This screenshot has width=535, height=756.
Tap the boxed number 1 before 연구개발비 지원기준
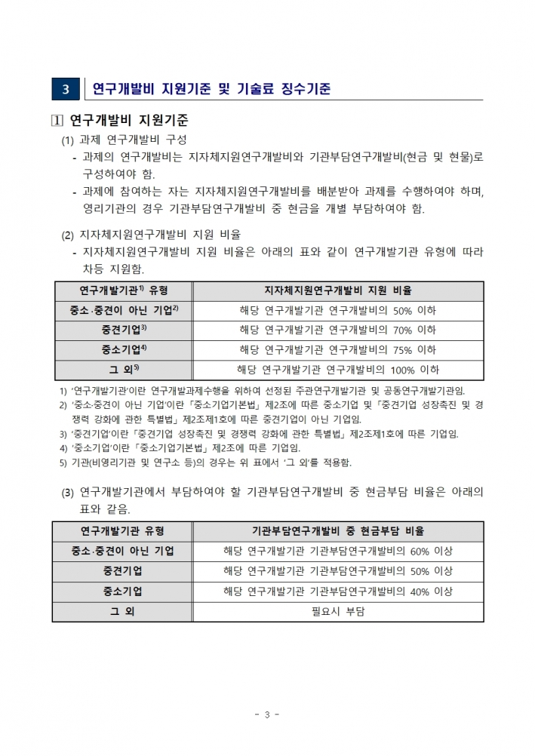coord(57,121)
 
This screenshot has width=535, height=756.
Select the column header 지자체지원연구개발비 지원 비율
coord(337,290)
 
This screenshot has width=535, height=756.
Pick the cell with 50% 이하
coord(337,310)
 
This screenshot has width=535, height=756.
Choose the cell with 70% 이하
coord(337,330)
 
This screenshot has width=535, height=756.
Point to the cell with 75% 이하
coord(337,349)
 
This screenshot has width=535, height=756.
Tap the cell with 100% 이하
coord(337,370)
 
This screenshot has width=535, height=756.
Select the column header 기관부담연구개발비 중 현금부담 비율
coord(337,531)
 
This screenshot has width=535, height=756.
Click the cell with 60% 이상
coord(337,551)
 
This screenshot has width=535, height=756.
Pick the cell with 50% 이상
coord(337,571)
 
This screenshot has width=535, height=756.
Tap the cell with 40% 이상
coord(337,591)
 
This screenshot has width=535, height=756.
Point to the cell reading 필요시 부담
coord(337,611)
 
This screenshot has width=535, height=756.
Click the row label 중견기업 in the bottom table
coord(123,571)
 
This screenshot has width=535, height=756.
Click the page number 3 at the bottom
coord(267,714)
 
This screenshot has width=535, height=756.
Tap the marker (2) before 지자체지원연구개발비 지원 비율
coord(68,235)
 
